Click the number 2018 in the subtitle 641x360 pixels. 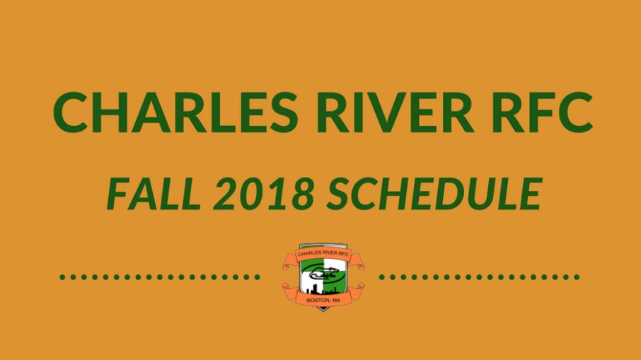pyautogui.click(x=264, y=194)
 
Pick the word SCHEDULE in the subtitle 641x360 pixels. pyautogui.click(x=434, y=194)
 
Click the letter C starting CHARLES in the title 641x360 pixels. pyautogui.click(x=72, y=112)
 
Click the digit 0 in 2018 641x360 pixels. pyautogui.click(x=252, y=194)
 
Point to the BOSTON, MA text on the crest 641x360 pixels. pyautogui.click(x=323, y=301)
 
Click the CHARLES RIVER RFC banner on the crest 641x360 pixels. pyautogui.click(x=323, y=254)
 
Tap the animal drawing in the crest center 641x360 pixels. pyautogui.click(x=323, y=273)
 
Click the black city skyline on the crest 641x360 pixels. pyautogui.click(x=323, y=289)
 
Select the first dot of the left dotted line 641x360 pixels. pyautogui.click(x=62, y=277)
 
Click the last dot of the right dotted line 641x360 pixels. pyautogui.click(x=577, y=277)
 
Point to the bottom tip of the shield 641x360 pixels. pyautogui.click(x=323, y=311)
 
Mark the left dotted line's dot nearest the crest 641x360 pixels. pyautogui.click(x=257, y=277)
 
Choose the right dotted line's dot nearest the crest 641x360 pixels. pyautogui.click(x=382, y=277)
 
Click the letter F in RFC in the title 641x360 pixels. pyautogui.click(x=541, y=112)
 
